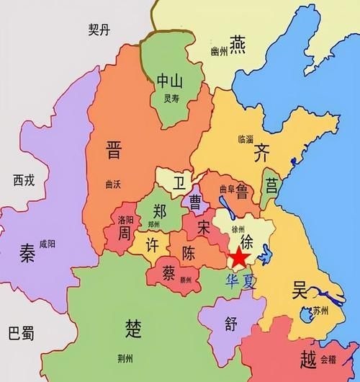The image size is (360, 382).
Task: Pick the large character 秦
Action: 27,253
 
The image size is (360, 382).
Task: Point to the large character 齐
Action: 261,153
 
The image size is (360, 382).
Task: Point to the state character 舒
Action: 230,323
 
